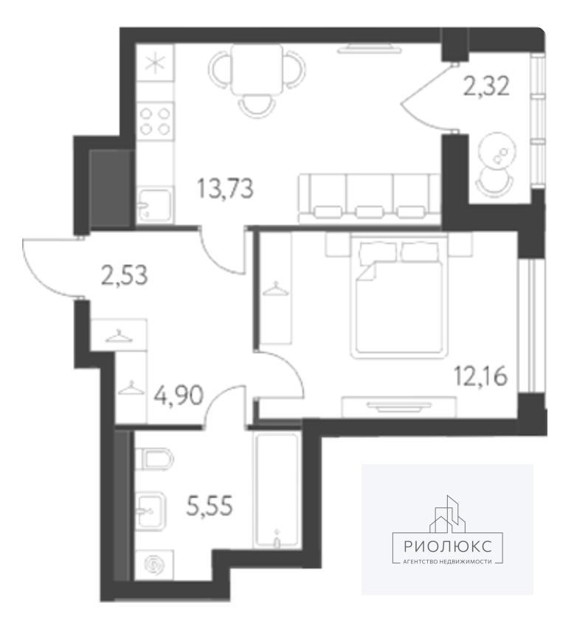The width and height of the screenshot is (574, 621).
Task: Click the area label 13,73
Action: coord(225,189)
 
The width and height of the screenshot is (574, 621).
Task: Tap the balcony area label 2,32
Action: coord(486,86)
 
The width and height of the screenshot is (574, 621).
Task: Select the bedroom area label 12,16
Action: coord(480,376)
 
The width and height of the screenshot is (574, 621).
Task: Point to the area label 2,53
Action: coord(125,275)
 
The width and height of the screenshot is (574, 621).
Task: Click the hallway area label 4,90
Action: coord(179,395)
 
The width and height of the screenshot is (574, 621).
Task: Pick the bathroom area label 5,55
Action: coord(209,506)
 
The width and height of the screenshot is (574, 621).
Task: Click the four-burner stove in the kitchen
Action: coord(155,121)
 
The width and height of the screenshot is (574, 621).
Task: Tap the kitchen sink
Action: coord(155,205)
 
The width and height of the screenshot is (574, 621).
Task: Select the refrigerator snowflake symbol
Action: coord(155,63)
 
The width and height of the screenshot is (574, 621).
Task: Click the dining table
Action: coord(257,70)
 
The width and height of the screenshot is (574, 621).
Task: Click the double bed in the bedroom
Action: coord(398,295)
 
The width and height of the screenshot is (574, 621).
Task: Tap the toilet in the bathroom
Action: coord(154,458)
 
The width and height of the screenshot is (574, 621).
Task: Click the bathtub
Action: coord(277,490)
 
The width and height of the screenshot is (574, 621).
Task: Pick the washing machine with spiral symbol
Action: coord(154,565)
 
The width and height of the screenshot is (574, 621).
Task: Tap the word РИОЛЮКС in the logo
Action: coord(448,547)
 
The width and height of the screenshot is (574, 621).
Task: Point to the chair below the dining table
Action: coord(257,106)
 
